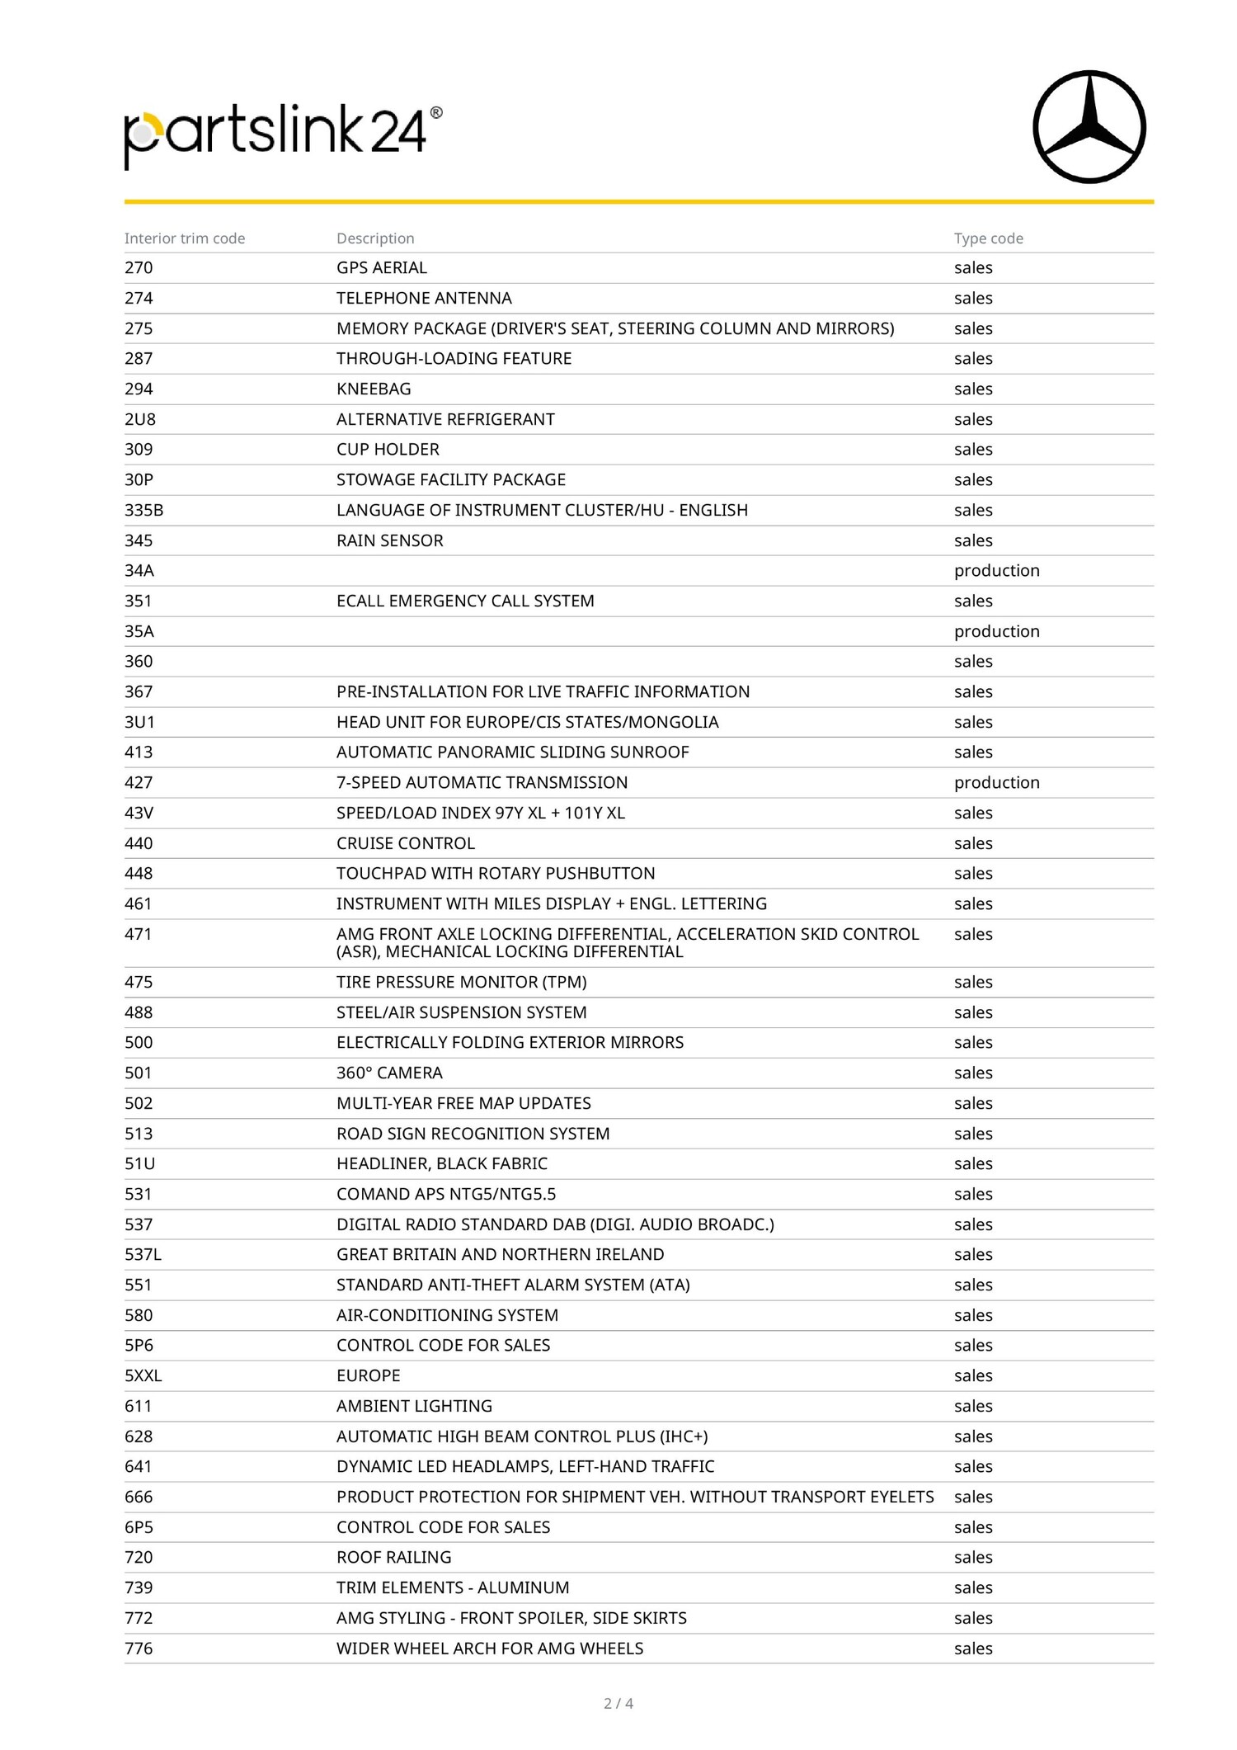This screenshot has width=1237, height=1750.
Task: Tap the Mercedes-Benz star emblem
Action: [x=1089, y=126]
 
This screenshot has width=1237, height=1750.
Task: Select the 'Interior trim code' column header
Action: [x=185, y=238]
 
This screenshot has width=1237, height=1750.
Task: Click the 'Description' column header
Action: [x=375, y=238]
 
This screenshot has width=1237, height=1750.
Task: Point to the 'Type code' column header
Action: [x=988, y=238]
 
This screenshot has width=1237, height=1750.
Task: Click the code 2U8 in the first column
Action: [x=140, y=419]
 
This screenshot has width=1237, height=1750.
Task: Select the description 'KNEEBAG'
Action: [x=374, y=389]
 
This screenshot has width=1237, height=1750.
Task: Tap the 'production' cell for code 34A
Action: [x=996, y=571]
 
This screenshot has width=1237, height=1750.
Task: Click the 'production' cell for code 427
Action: [x=996, y=782]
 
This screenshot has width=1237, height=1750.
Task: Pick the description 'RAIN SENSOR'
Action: [x=389, y=540]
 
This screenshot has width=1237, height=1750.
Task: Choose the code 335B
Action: [x=144, y=510]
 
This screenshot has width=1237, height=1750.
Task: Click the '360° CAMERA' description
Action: [x=389, y=1073]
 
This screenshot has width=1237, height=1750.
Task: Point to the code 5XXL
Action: [x=143, y=1375]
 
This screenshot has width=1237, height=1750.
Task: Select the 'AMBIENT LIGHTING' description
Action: [x=414, y=1406]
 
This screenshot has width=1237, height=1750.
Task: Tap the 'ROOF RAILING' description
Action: [x=393, y=1557]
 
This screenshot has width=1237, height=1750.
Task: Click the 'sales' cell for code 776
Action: [x=973, y=1649]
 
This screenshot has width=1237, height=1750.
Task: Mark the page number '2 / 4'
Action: [x=618, y=1703]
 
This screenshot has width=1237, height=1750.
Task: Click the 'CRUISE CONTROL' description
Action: [x=405, y=843]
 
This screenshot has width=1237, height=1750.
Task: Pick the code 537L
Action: [x=143, y=1254]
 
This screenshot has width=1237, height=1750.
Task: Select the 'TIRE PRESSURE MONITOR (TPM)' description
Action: [x=461, y=982]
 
